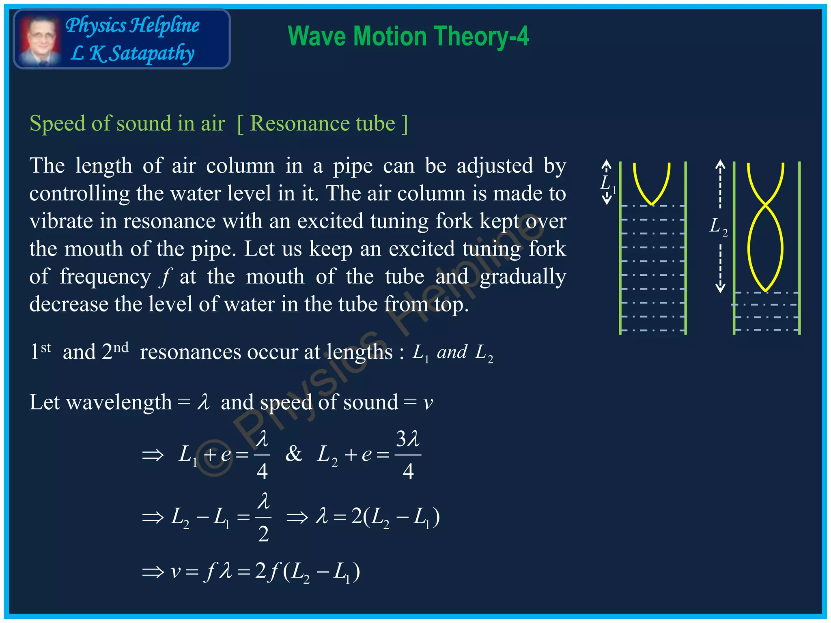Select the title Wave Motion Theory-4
[408, 37]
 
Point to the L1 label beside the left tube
[607, 183]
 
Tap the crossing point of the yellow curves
[766, 204]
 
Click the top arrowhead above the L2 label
[720, 164]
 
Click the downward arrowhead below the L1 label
[607, 200]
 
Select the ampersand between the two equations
[294, 454]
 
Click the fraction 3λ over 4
[408, 454]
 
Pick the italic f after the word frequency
[165, 277]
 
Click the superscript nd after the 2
[121, 348]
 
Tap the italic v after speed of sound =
[428, 403]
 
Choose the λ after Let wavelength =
[203, 403]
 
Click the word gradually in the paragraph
[523, 277]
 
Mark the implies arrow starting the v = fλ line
[153, 572]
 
